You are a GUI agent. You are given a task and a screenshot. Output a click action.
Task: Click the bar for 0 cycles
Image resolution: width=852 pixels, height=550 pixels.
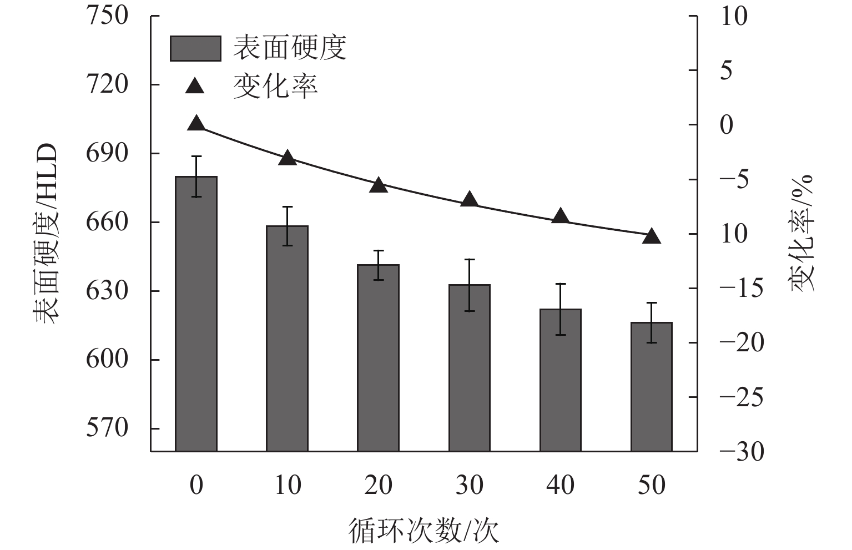(196, 314)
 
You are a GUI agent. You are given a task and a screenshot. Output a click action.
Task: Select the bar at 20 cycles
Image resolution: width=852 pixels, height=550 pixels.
(378, 358)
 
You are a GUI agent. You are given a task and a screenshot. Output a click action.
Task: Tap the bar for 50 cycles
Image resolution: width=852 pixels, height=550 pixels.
(652, 386)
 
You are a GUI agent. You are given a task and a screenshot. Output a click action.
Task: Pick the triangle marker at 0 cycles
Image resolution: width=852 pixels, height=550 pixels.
(196, 124)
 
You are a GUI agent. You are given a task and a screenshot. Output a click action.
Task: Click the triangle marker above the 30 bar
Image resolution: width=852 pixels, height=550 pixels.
(470, 199)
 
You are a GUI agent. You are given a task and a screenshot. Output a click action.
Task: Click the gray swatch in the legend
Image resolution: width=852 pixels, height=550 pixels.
(195, 48)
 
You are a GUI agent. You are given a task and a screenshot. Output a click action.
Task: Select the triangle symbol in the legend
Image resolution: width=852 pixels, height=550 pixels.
(195, 87)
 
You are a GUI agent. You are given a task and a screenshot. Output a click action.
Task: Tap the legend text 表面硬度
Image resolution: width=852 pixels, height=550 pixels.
(290, 48)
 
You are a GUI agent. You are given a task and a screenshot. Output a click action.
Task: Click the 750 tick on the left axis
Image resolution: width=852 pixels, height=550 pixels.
(107, 16)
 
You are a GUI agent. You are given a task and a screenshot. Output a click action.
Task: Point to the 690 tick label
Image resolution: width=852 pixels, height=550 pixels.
(107, 153)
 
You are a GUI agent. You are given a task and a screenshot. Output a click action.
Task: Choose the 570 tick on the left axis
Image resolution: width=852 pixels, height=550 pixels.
(107, 428)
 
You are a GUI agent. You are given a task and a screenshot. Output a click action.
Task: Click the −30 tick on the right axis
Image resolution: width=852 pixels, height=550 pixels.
(741, 452)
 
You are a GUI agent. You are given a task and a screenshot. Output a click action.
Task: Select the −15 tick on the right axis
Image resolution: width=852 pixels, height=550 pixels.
(741, 289)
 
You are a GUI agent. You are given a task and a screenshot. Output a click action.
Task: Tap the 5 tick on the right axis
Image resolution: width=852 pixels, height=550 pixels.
(726, 70)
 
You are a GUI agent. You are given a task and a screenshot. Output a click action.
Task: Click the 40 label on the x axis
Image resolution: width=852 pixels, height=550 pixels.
(560, 485)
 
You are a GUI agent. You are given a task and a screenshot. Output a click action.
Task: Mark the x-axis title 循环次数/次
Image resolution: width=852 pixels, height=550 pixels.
(424, 531)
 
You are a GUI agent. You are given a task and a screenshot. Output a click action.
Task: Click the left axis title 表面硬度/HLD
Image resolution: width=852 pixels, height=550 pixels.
(46, 233)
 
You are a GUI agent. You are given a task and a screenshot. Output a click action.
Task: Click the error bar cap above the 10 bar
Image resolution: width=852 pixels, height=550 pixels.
(287, 207)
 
